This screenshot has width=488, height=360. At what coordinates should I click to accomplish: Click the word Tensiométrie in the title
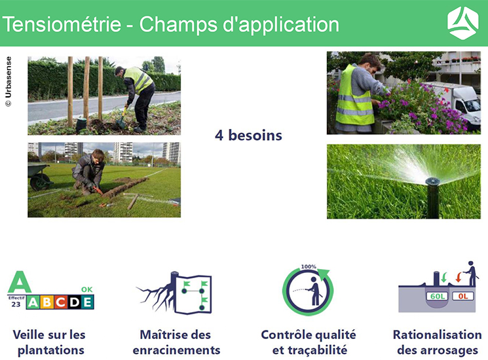click(62, 24)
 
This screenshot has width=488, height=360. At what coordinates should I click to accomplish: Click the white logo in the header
click(463, 23)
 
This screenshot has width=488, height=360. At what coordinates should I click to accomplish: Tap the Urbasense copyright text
click(9, 81)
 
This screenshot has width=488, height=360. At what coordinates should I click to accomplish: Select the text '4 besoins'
click(248, 135)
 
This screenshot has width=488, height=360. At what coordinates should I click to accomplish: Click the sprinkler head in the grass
click(432, 196)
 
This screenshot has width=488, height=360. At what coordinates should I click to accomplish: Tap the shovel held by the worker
click(122, 118)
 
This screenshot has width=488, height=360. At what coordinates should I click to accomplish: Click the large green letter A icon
click(20, 282)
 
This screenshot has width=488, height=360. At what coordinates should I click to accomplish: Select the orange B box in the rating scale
click(47, 302)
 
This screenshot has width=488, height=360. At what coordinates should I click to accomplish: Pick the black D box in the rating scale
click(74, 302)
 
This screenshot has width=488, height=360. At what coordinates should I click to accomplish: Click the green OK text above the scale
click(87, 289)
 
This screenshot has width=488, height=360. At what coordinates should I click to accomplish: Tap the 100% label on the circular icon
click(309, 267)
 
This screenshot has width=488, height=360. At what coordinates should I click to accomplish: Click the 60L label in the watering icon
click(438, 297)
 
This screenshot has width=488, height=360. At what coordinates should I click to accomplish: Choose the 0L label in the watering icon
click(463, 297)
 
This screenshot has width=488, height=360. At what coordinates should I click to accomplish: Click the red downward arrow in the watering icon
click(458, 277)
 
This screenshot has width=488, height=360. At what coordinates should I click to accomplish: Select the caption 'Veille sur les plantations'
click(50, 342)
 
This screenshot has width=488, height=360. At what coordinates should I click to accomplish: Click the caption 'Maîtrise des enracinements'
click(176, 342)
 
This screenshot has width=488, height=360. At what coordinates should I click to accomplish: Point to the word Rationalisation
click(438, 335)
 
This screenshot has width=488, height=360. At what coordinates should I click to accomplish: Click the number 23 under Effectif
click(16, 304)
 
